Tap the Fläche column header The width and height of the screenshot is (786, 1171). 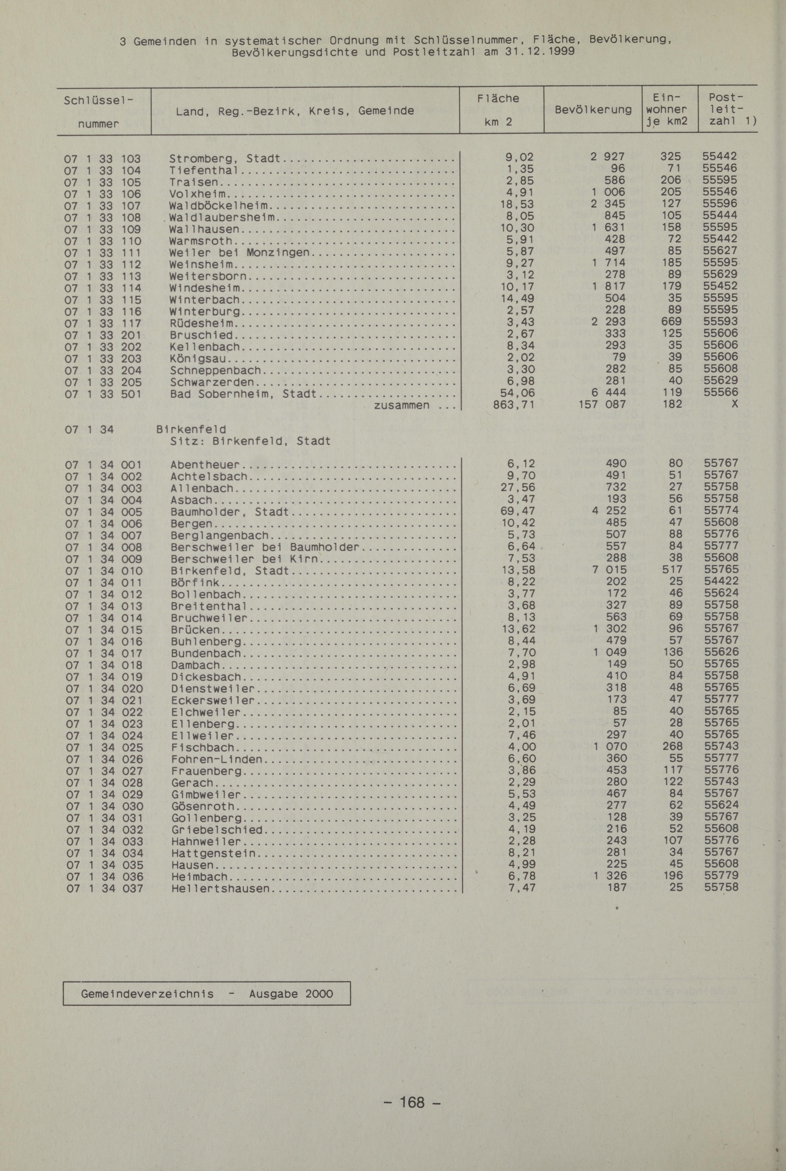(x=498, y=98)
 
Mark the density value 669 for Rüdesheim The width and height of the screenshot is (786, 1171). (x=671, y=321)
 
